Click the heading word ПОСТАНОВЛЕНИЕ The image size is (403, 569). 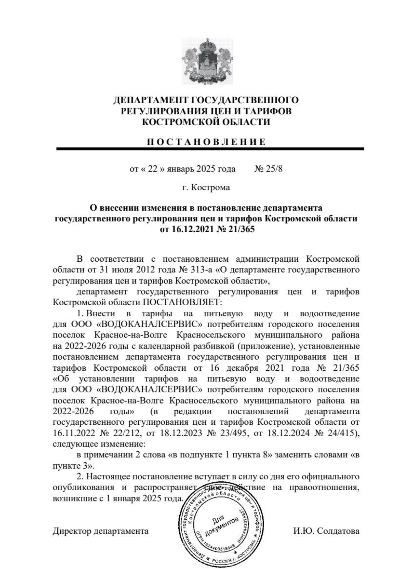[206, 142]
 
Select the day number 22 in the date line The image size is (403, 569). [152, 169]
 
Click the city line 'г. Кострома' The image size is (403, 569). [206, 187]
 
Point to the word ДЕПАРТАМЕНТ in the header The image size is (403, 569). [151, 100]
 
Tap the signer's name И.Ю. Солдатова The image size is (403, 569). [325, 531]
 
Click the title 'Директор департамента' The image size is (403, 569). [100, 531]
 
